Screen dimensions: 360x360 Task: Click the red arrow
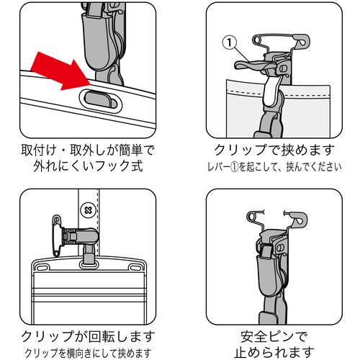coord(60,71)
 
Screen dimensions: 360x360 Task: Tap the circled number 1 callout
coord(230,42)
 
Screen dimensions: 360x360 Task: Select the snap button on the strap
coord(89,210)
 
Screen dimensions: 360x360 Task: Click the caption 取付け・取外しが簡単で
coord(88,150)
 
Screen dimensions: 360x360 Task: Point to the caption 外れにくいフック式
coord(89,166)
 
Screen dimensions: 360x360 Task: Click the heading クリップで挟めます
coord(274,150)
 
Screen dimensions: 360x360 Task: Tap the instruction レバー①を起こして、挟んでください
coord(274,167)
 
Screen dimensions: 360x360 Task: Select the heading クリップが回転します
coord(88,336)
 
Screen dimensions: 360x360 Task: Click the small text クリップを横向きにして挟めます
coord(88,353)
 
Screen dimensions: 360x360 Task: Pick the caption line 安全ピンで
coord(274,336)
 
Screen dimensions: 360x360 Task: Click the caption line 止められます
coord(274,352)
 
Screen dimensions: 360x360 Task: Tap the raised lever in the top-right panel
coord(254,65)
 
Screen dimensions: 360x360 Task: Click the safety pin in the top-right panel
coord(282,40)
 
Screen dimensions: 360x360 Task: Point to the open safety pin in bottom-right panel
coord(277,217)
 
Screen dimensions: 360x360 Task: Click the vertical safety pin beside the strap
coord(57,236)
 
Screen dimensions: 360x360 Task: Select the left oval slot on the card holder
coord(42,266)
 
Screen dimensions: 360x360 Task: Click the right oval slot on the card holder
coord(135,266)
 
